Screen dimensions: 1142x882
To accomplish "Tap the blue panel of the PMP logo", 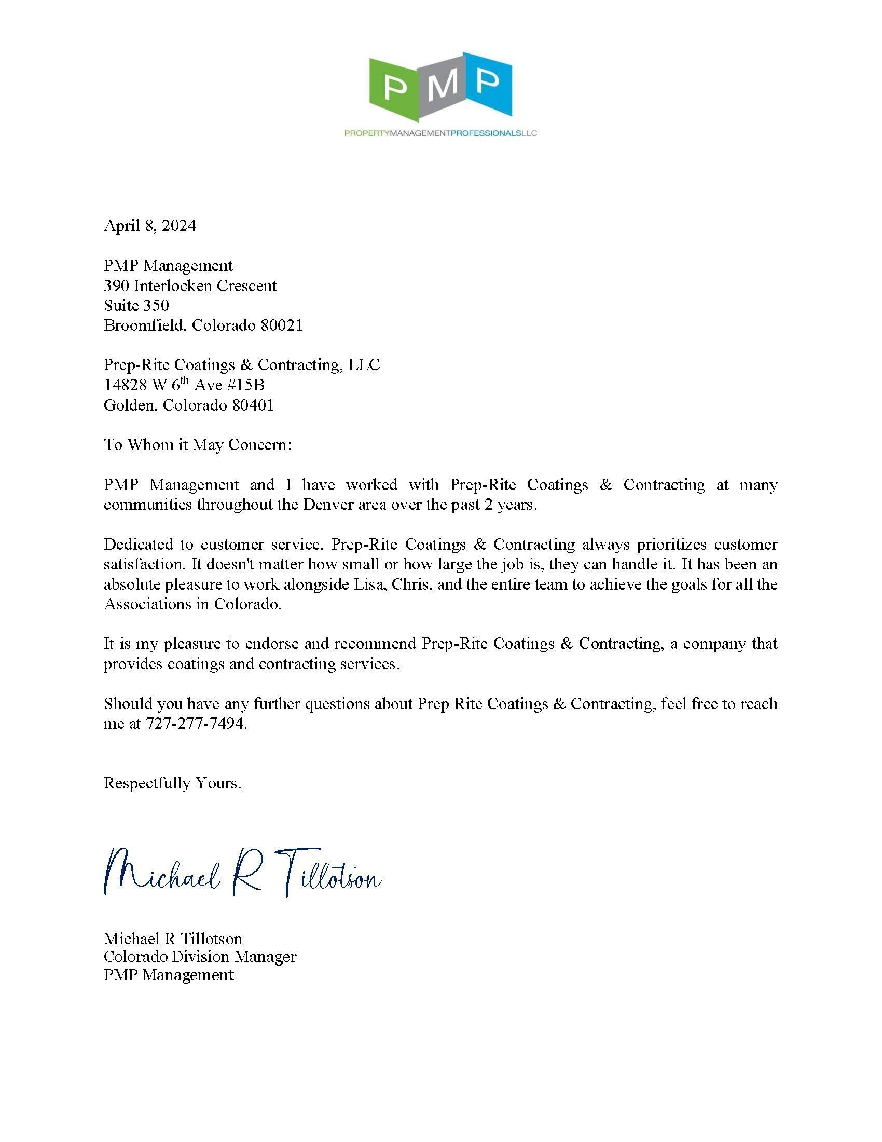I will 487,84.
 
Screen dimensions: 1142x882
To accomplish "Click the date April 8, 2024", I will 150,226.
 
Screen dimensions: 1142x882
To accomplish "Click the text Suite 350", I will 136,305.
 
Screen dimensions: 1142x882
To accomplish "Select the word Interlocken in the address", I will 173,285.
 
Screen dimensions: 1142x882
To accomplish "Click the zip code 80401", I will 253,405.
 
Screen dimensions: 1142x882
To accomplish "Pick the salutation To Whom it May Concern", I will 198,445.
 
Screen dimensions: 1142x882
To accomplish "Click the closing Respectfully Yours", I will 172,783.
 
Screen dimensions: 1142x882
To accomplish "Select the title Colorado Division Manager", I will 200,956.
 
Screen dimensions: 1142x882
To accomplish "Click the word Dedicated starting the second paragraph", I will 137,545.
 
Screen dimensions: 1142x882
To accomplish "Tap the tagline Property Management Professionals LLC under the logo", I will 440,133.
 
